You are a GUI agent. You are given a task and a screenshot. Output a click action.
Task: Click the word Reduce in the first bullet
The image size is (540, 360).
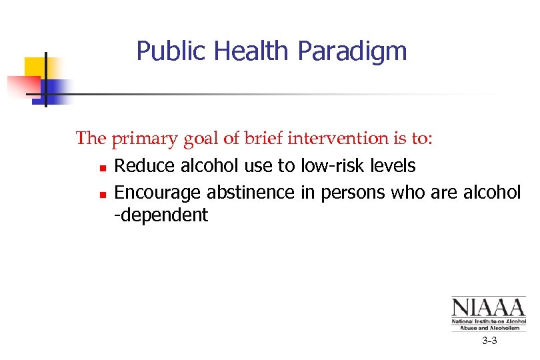click(x=141, y=165)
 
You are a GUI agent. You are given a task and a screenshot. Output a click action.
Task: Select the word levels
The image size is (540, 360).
click(x=393, y=165)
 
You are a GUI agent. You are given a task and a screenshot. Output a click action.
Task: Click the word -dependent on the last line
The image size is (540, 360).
click(x=161, y=215)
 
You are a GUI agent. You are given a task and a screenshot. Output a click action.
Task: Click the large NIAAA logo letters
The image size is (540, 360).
click(x=488, y=307)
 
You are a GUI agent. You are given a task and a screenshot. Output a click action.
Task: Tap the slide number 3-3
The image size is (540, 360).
click(x=489, y=341)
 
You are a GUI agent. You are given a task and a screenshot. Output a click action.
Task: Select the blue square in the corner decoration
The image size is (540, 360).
click(x=57, y=89)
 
